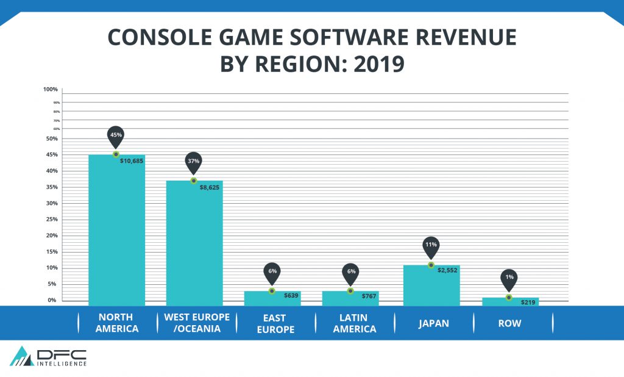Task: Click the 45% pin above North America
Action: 116,135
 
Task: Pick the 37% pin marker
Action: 194,161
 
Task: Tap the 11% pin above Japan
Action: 431,245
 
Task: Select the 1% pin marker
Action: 509,278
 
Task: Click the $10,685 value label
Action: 132,161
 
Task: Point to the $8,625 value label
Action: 210,187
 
